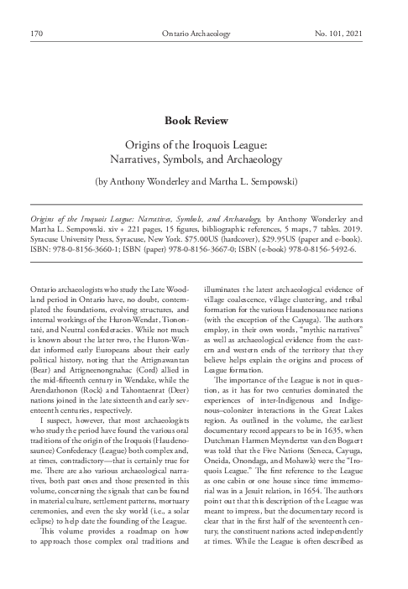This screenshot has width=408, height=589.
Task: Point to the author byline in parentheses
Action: tap(204, 180)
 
